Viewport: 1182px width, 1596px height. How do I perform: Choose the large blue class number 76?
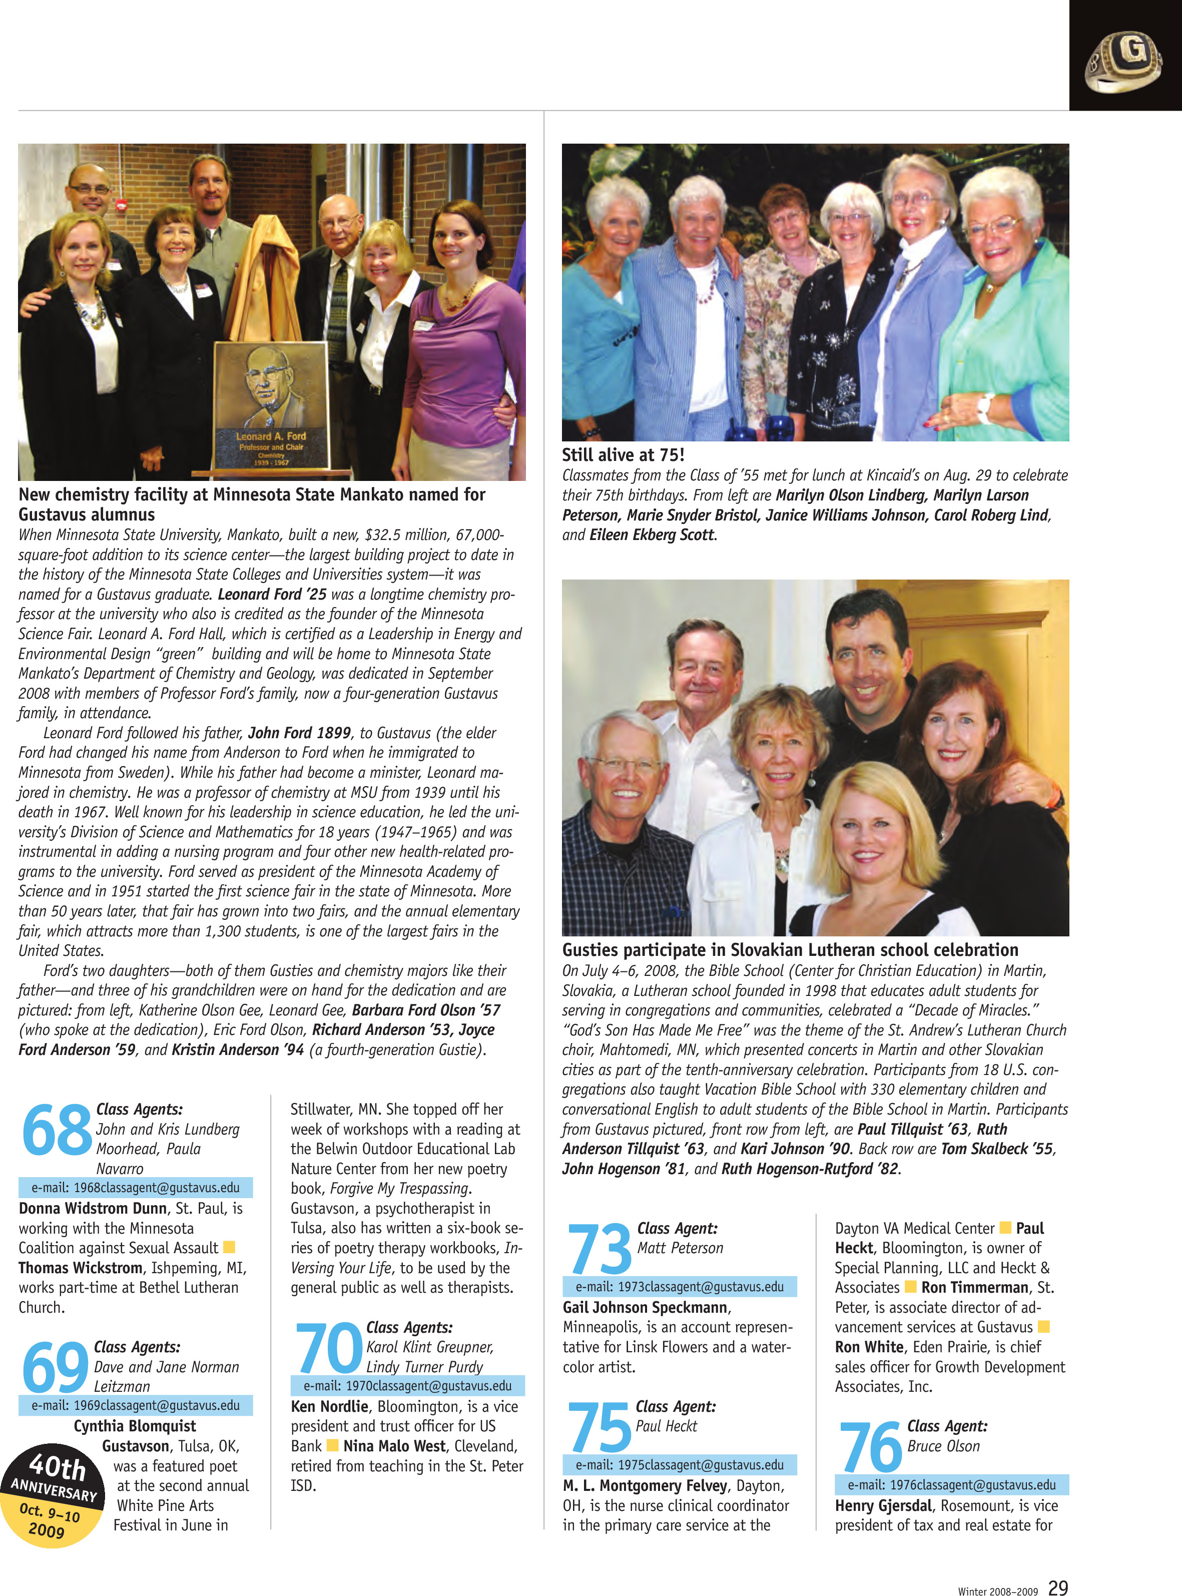pyautogui.click(x=871, y=1446)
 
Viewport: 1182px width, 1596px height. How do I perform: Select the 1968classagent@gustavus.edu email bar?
pyautogui.click(x=135, y=1188)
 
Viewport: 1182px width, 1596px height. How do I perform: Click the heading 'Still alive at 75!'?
pyautogui.click(x=623, y=455)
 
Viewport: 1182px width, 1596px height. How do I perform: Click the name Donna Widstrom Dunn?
pyautogui.click(x=92, y=1208)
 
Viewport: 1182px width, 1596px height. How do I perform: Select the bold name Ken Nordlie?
pyautogui.click(x=329, y=1406)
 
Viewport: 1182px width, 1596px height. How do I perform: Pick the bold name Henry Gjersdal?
pyautogui.click(x=883, y=1505)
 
